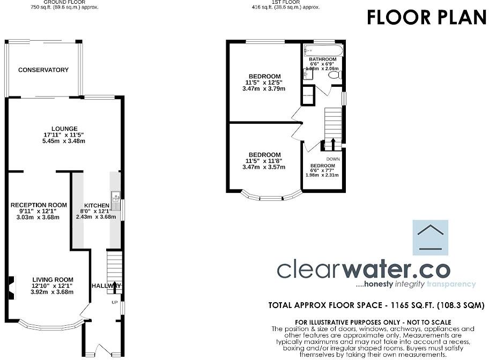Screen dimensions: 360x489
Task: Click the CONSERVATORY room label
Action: coord(43,70)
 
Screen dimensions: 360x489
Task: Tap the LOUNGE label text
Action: coord(64,129)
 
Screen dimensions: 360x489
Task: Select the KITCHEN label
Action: coord(97,206)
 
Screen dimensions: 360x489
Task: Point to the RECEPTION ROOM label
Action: coord(39,205)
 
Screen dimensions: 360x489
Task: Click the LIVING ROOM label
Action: coord(52,280)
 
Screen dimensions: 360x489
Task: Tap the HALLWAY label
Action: coord(106,286)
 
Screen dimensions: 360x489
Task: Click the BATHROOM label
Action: coord(322,59)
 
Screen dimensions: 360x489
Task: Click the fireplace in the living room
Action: coord(11,286)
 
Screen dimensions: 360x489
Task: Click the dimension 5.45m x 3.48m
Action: coord(64,141)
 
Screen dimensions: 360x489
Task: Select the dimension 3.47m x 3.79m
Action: coord(264,88)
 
